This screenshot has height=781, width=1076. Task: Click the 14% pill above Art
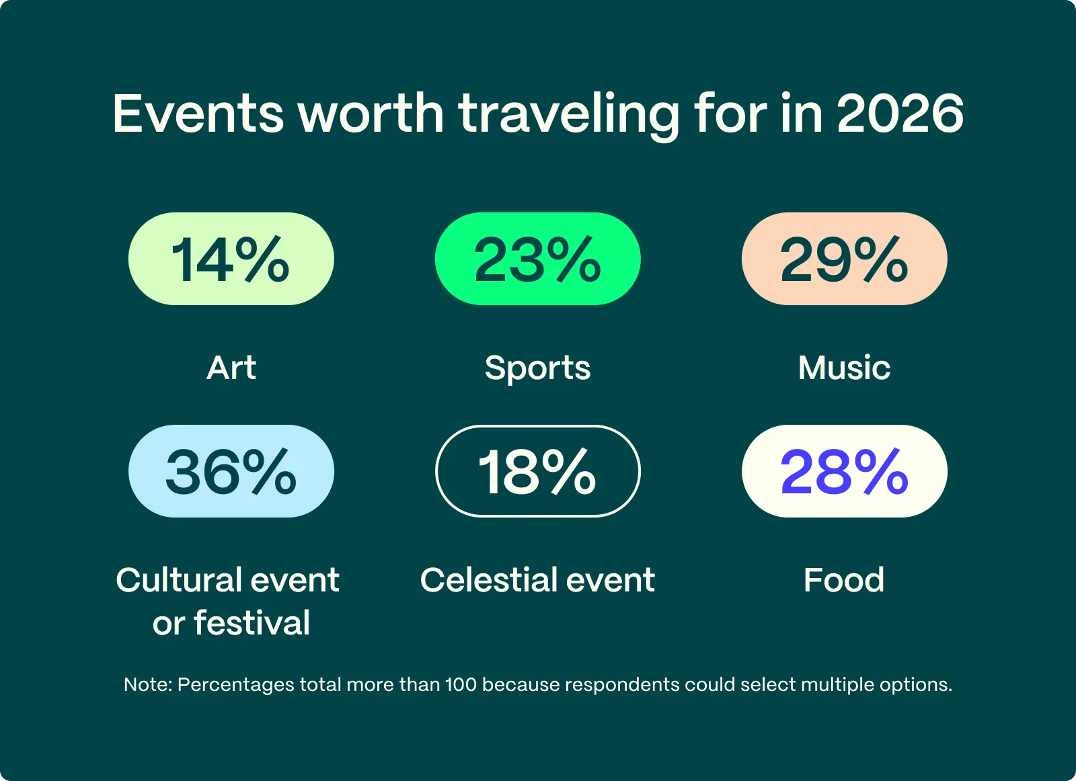tap(231, 259)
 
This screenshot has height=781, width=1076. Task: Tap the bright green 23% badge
tap(537, 259)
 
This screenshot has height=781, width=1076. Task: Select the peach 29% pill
tap(844, 259)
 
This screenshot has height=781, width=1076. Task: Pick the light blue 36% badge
tap(231, 471)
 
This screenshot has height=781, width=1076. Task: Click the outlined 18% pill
tap(537, 471)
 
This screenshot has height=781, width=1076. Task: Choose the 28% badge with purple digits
tap(844, 471)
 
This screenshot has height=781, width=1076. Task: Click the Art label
tap(231, 368)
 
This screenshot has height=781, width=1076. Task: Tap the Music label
tap(844, 368)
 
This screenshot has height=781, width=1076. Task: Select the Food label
tap(844, 580)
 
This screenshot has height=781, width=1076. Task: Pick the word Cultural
tap(178, 580)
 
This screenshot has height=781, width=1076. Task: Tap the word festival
tap(252, 623)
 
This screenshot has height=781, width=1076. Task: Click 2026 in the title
tap(900, 113)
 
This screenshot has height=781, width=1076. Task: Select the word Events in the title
tap(198, 113)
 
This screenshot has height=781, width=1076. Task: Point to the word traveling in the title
tap(569, 114)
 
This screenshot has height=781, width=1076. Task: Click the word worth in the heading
tap(371, 113)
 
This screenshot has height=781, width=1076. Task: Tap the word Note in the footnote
tap(147, 685)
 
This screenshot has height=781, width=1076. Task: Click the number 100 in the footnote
tap(461, 685)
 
